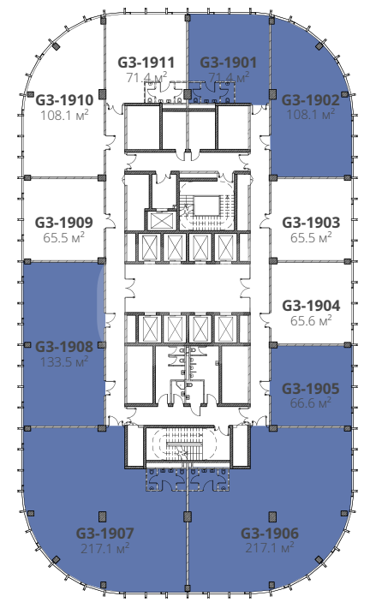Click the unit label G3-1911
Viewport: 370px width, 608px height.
[x=146, y=62]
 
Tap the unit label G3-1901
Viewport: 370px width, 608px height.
[x=228, y=62]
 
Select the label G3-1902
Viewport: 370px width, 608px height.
[x=310, y=100]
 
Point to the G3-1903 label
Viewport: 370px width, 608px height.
[x=311, y=222]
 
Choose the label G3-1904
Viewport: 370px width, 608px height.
[x=311, y=305]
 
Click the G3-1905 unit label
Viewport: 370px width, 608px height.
[x=311, y=388]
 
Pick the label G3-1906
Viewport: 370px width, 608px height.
[x=270, y=533]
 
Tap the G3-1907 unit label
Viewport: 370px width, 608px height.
[x=104, y=533]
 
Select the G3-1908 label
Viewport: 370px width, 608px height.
[x=64, y=347]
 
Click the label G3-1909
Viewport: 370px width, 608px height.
[x=64, y=222]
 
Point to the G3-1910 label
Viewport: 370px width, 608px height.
[x=64, y=100]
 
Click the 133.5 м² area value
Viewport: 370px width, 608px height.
[x=64, y=361]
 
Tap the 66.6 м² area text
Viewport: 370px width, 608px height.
[x=311, y=402]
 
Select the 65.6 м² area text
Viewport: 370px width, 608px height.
[x=311, y=320]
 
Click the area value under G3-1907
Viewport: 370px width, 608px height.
[x=104, y=548]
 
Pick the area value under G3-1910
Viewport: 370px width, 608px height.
[x=64, y=115]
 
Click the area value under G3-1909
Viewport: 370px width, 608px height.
[x=64, y=237]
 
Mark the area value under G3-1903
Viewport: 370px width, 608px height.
[x=311, y=237]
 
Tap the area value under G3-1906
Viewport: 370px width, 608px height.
[x=270, y=548]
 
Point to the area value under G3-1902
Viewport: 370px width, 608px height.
[x=310, y=115]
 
